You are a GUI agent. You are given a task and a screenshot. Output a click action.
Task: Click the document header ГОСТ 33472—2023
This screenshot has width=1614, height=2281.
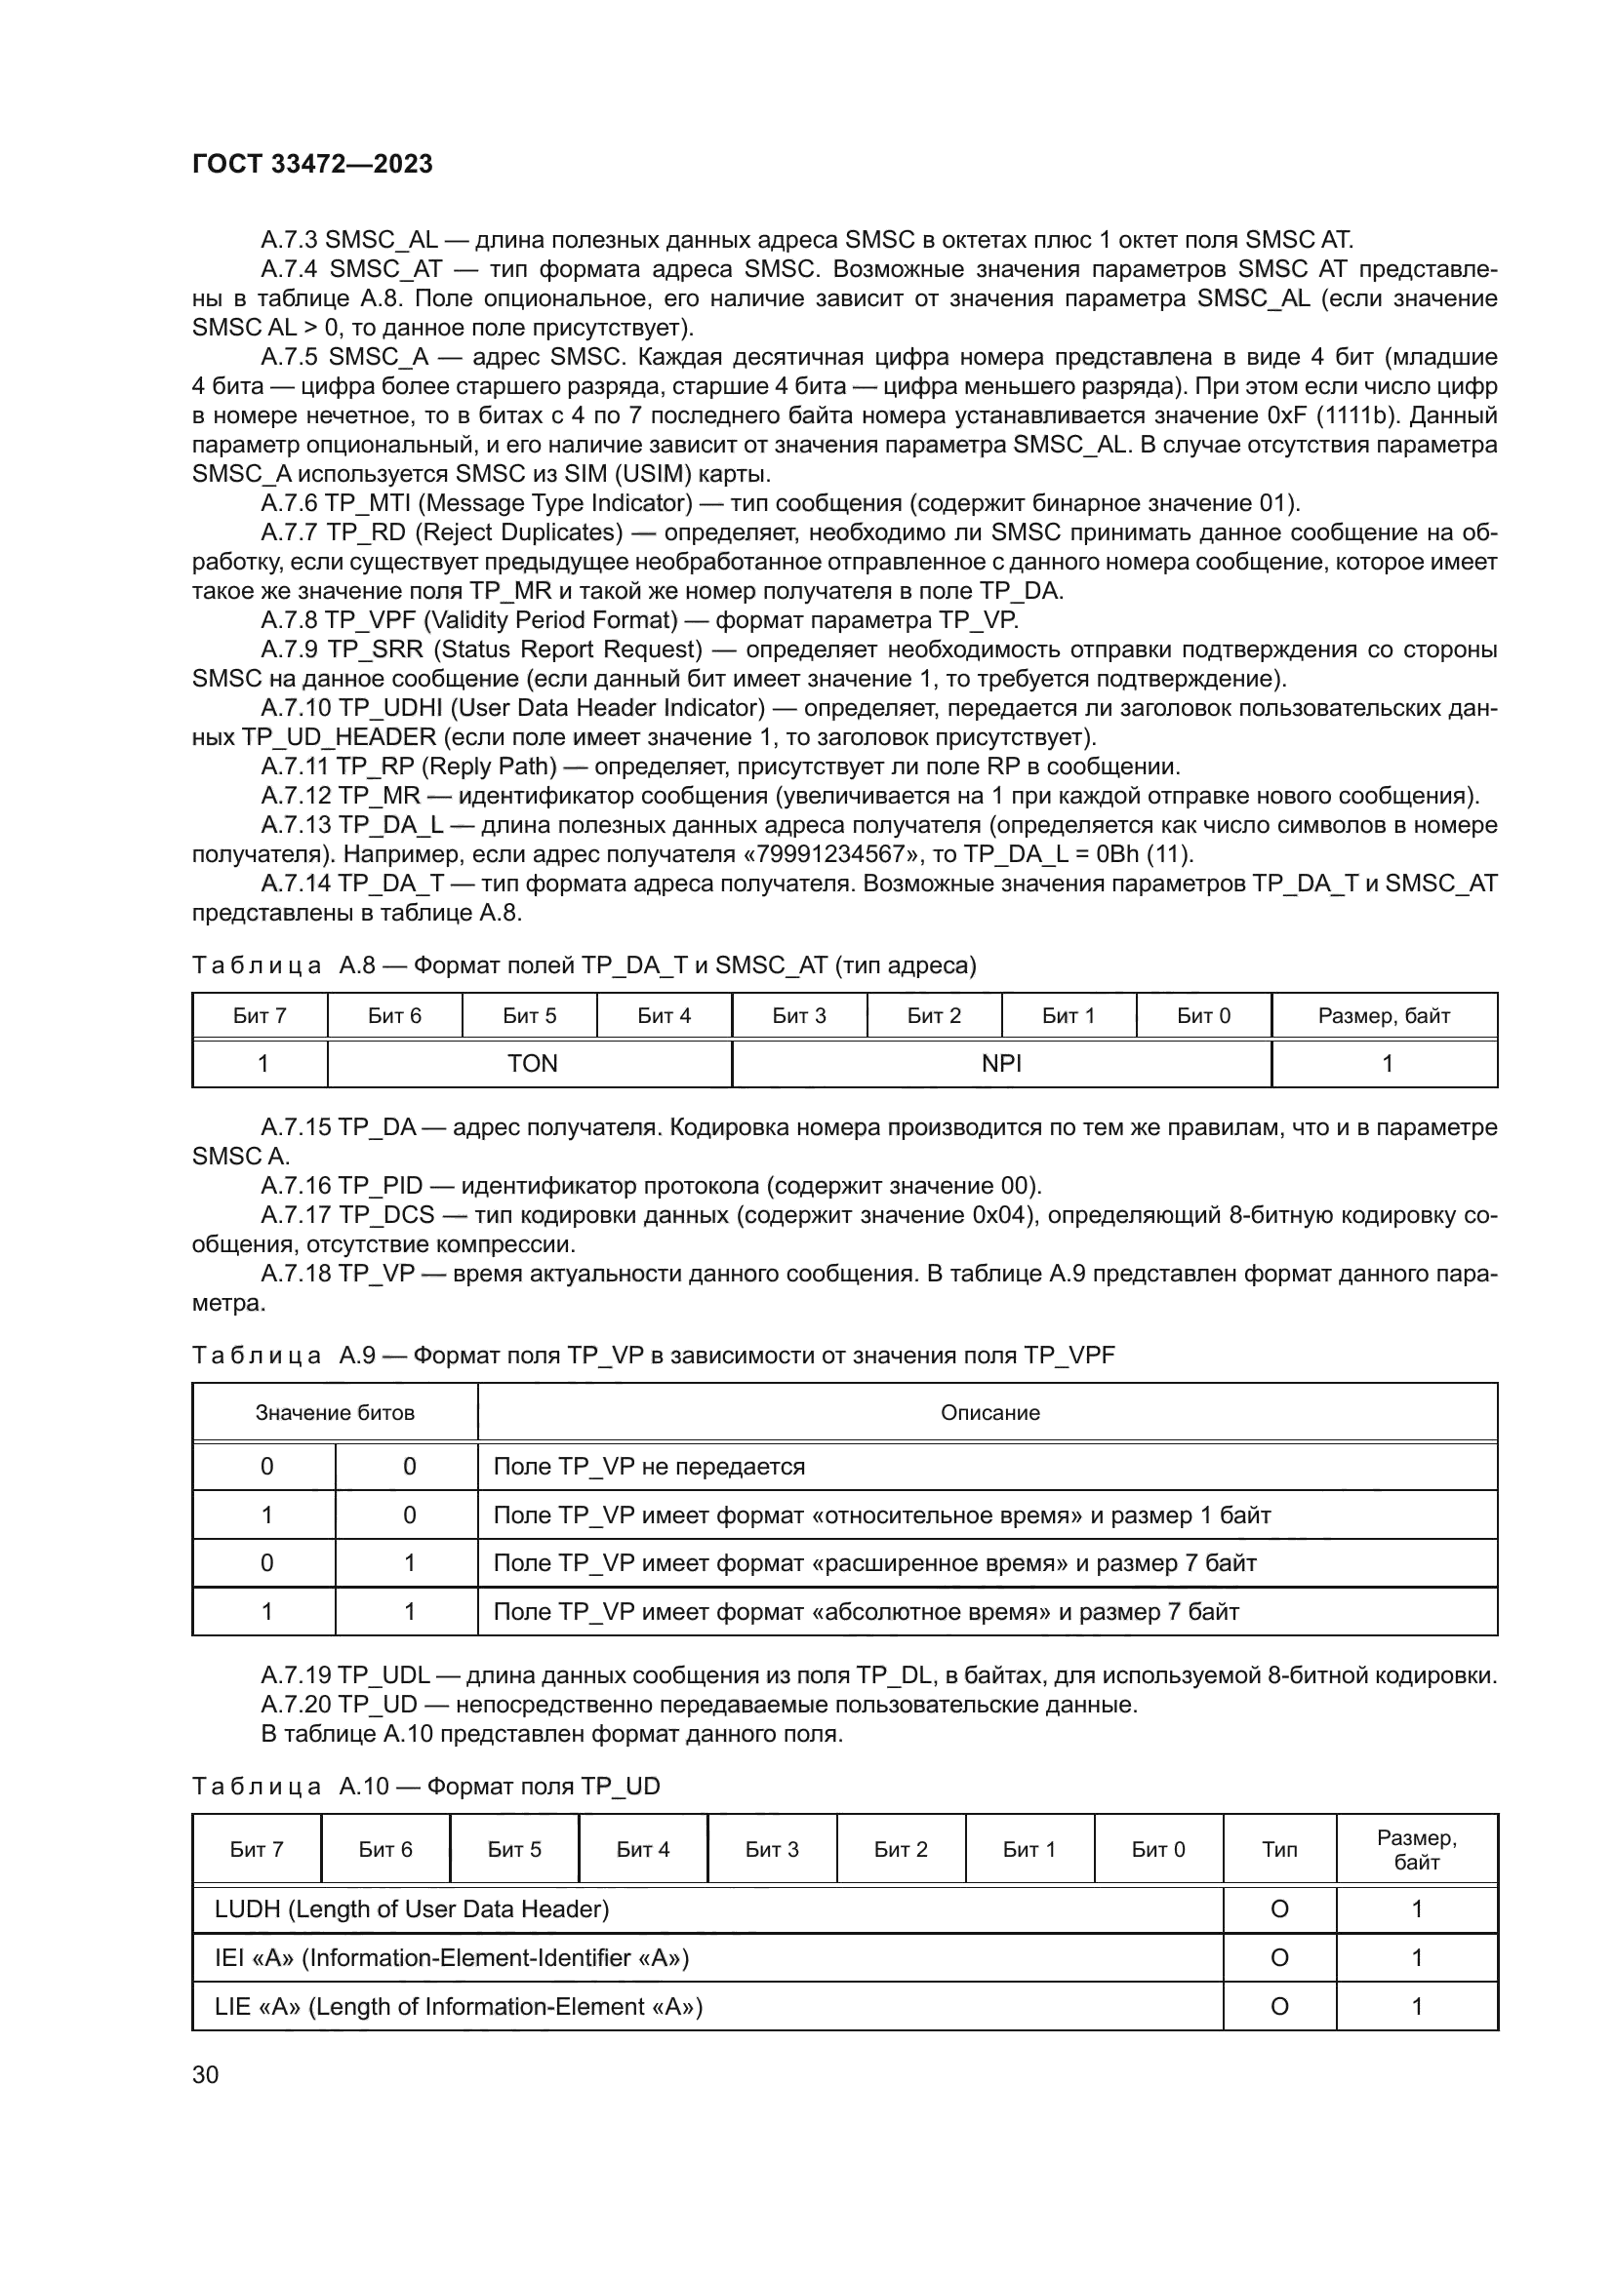point(312,165)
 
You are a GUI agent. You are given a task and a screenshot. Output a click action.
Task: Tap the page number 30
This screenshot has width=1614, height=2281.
point(205,2074)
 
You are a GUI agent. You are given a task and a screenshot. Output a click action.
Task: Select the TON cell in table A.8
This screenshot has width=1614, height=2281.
point(532,1064)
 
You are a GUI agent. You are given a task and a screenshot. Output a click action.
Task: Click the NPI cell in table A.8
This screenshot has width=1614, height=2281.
point(1001,1064)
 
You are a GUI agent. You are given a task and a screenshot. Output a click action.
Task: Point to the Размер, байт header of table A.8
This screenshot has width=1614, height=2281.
point(1384,1016)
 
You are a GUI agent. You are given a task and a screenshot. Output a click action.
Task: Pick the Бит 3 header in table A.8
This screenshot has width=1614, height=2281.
point(798,1016)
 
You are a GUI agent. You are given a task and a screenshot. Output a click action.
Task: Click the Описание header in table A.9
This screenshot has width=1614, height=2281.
point(989,1413)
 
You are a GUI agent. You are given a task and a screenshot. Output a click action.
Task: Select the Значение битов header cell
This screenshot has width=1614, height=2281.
point(334,1413)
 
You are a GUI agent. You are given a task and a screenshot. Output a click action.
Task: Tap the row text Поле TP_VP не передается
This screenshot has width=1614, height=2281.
point(649,1467)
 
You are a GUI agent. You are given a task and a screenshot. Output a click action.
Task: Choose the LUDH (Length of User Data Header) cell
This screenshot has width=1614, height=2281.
point(412,1908)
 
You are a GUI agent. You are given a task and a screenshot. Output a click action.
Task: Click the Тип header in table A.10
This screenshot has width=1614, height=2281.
point(1279,1849)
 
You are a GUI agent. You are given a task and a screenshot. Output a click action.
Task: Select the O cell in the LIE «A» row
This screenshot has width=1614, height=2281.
point(1279,2006)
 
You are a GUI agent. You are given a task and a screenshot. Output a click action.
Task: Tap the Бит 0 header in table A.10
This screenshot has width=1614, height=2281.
point(1158,1849)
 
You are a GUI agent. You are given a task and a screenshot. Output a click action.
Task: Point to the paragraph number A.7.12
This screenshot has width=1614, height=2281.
point(295,796)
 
